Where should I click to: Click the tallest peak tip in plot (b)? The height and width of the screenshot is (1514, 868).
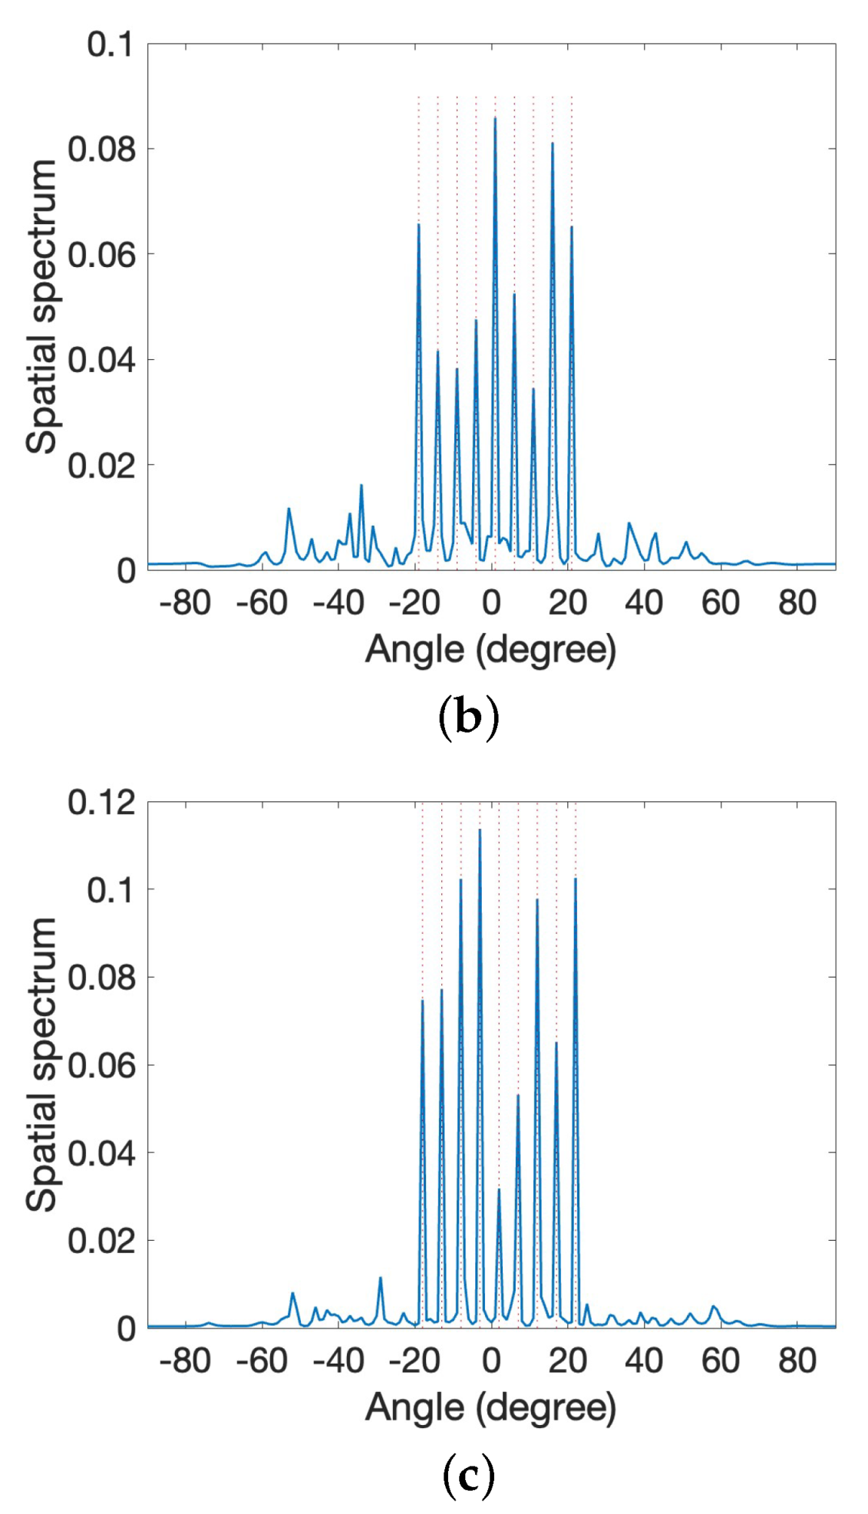495,117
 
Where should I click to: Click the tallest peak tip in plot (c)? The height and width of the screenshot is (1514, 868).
480,829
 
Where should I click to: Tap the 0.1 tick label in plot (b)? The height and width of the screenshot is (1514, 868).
110,45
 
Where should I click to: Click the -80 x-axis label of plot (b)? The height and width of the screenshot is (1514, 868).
185,603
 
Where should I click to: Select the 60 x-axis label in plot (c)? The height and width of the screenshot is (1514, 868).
720,1361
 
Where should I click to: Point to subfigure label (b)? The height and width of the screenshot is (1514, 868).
467,718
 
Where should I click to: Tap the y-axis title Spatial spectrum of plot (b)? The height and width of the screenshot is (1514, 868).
41,307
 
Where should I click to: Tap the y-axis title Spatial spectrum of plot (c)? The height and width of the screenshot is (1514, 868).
41,1064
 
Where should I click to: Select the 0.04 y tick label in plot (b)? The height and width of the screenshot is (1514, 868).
101,360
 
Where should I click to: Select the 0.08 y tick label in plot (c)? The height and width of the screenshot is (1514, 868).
101,978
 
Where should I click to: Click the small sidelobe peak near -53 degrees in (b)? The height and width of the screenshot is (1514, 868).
289,508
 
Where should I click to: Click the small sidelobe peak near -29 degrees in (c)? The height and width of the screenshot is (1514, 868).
380,1278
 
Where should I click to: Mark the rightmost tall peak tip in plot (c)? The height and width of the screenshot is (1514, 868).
575,879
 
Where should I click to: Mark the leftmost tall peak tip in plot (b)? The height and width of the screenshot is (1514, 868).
419,224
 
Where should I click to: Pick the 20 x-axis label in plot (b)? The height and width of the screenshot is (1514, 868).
568,603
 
